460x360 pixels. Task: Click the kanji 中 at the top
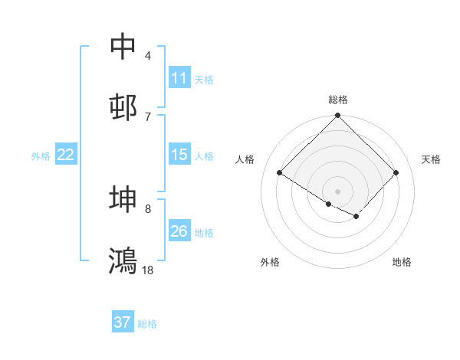[123, 46]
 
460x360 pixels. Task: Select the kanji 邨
[123, 107]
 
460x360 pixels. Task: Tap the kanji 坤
[123, 198]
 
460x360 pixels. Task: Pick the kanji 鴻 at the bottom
[123, 260]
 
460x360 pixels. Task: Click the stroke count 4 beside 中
[148, 56]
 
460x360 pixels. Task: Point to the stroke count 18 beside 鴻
[147, 270]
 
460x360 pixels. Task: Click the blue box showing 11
[180, 77]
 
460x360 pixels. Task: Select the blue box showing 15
[180, 154]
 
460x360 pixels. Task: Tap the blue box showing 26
[180, 230]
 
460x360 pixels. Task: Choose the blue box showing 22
[66, 154]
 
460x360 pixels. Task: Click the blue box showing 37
[123, 321]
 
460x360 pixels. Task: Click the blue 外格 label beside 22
[41, 156]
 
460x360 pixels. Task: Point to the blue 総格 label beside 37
[147, 324]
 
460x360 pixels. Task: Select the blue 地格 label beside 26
[204, 233]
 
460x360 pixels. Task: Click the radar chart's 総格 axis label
[338, 100]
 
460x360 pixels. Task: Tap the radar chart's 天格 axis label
[431, 159]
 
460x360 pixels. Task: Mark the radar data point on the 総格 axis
[337, 115]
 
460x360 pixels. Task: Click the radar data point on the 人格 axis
[280, 172]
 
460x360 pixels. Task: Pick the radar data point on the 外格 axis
[329, 204]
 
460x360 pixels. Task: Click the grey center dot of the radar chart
[337, 191]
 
